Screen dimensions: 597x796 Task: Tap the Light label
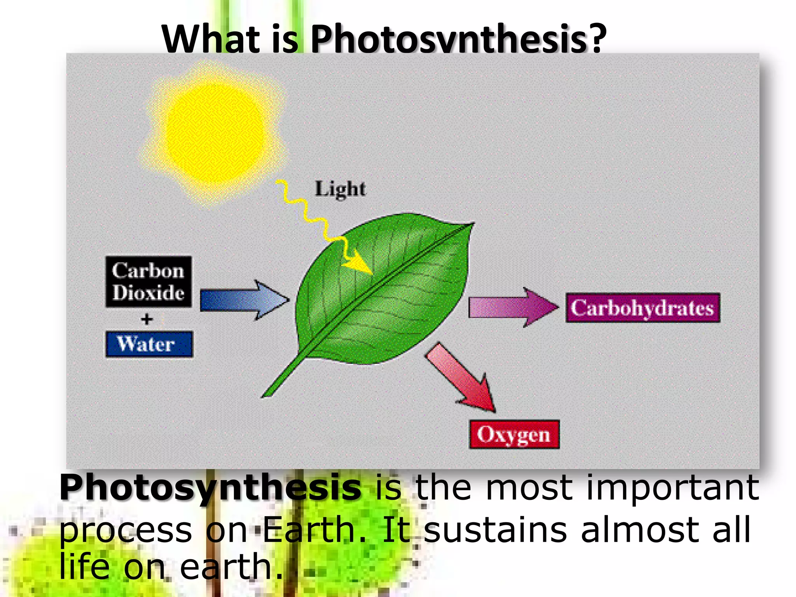pos(340,189)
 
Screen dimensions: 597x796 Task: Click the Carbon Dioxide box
pos(148,282)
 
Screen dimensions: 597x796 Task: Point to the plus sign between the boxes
pos(147,319)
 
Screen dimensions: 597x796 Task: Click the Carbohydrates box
pos(642,308)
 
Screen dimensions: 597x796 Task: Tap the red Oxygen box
pos(514,435)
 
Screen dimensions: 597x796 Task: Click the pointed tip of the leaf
pos(472,224)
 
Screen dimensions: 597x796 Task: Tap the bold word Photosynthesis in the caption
pos(210,488)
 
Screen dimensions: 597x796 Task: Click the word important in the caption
pos(672,487)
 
